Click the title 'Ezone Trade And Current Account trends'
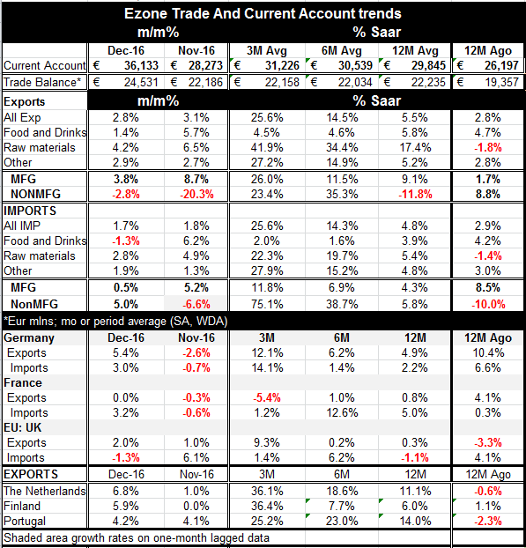[x=263, y=13]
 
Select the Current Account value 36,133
[x=141, y=65]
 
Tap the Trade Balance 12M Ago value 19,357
[x=501, y=82]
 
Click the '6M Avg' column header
[x=342, y=51]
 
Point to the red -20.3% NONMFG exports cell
[x=196, y=194]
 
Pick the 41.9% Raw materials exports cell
[x=267, y=147]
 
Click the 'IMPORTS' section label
[x=30, y=211]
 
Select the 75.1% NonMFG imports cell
[x=267, y=304]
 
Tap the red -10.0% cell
[x=488, y=304]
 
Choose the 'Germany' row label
[x=29, y=338]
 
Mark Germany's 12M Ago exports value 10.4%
[x=488, y=352]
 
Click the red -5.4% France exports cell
[x=267, y=397]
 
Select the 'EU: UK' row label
[x=22, y=427]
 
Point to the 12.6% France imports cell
[x=342, y=412]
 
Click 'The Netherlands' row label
[x=44, y=491]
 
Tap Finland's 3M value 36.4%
[x=267, y=506]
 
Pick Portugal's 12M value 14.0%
[x=415, y=521]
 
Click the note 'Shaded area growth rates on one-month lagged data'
[x=137, y=537]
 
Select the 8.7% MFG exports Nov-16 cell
[x=196, y=179]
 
